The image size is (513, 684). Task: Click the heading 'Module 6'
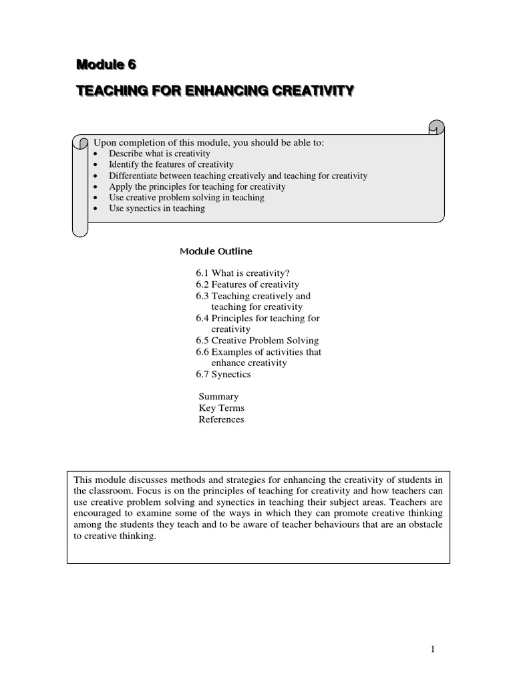pyautogui.click(x=106, y=65)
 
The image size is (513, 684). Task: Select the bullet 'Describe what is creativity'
pyautogui.click(x=160, y=154)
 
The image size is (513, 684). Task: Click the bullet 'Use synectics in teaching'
pyautogui.click(x=157, y=208)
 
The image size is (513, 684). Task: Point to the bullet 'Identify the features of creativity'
pyautogui.click(x=171, y=164)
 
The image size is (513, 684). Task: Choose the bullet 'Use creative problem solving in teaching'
pyautogui.click(x=186, y=198)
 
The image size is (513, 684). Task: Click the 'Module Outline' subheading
pyautogui.click(x=216, y=252)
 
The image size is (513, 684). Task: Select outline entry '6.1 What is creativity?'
pyautogui.click(x=243, y=273)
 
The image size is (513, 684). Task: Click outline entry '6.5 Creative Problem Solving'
pyautogui.click(x=257, y=341)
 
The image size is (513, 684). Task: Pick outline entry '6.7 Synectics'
pyautogui.click(x=223, y=374)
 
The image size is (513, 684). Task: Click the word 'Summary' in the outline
pyautogui.click(x=218, y=397)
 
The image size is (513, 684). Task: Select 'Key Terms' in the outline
pyautogui.click(x=222, y=408)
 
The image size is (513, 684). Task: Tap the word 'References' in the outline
pyautogui.click(x=221, y=419)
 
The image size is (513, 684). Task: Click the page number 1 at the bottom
pyautogui.click(x=433, y=649)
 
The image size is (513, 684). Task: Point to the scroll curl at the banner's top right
pyautogui.click(x=435, y=127)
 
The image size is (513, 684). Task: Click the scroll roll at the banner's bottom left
pyautogui.click(x=80, y=228)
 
